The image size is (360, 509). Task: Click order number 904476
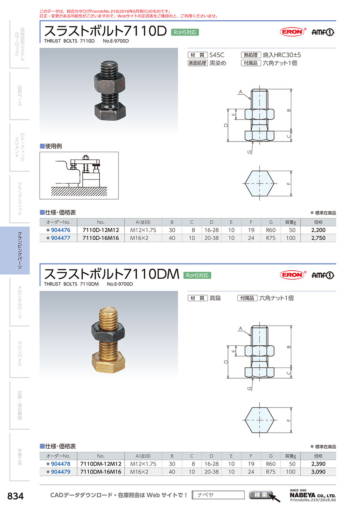point(60,230)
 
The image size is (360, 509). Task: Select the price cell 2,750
point(318,238)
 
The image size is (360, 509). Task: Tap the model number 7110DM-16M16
point(101,472)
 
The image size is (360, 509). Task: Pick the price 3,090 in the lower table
point(318,472)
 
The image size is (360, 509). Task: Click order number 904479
point(60,472)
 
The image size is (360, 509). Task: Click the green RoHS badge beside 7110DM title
point(197,275)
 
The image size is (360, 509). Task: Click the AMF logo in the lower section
point(322,275)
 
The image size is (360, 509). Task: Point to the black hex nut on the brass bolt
point(108,332)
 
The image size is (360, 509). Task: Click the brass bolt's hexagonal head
point(108,363)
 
